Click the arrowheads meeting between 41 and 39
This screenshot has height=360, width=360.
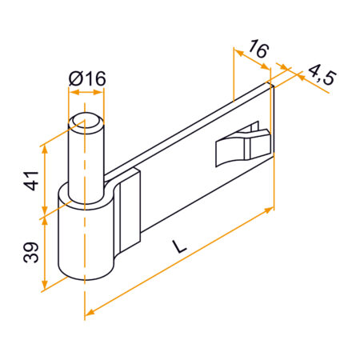[x=46, y=214]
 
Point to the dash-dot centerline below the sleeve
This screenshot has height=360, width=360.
[x=82, y=300]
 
